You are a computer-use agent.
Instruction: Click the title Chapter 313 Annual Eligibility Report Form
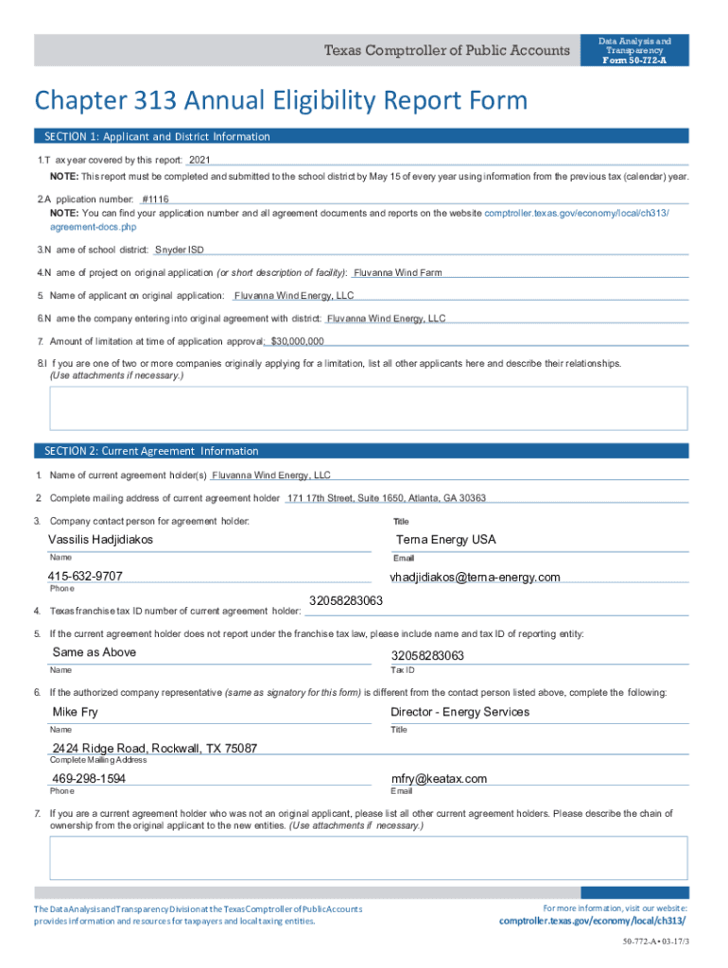coord(281,101)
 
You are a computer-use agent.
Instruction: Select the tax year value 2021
coord(199,160)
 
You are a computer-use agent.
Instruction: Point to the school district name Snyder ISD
coord(179,251)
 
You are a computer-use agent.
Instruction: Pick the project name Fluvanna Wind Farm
coord(397,273)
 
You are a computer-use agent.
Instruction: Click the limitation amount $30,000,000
coord(297,341)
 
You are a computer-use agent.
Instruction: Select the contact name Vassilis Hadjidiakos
coord(100,540)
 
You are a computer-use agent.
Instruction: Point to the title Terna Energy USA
coord(446,540)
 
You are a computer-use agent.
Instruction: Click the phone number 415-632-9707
coord(85,577)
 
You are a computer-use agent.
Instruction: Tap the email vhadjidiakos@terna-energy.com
coord(475,578)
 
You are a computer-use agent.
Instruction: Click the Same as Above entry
coord(94,652)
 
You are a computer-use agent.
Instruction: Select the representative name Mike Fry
coord(75,712)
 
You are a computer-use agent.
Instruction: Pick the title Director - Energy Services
coord(459,712)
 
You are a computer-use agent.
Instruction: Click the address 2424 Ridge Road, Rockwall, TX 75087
coord(154,749)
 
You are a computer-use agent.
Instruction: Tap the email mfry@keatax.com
coord(439,779)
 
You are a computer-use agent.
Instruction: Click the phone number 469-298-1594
coord(88,779)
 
